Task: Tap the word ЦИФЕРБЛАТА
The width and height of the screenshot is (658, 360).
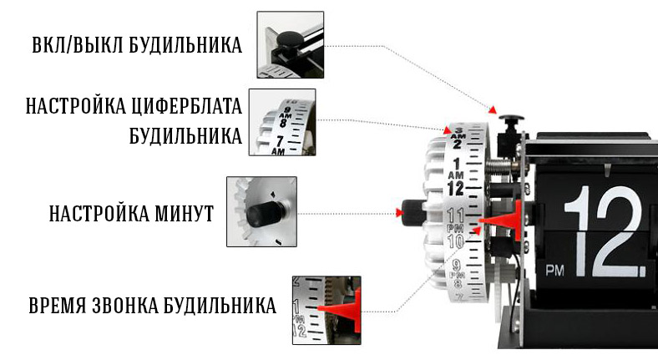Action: [x=187, y=106]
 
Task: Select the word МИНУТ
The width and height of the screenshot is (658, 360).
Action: [x=184, y=213]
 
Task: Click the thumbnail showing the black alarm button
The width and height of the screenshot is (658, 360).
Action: [x=291, y=44]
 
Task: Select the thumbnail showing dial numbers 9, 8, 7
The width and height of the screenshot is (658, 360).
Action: [x=282, y=122]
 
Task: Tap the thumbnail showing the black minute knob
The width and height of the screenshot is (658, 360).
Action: [x=262, y=211]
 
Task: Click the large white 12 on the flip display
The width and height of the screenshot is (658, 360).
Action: [x=605, y=231]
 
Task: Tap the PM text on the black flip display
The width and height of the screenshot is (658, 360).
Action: [x=554, y=271]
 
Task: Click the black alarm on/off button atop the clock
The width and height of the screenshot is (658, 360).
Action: [x=511, y=118]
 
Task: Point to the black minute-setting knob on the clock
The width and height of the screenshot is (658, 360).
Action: [x=413, y=212]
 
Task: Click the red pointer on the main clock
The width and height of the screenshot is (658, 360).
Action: [x=502, y=221]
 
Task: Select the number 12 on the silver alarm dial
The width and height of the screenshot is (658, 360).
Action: [x=455, y=189]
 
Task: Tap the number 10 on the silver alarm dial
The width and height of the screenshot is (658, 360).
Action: [x=455, y=241]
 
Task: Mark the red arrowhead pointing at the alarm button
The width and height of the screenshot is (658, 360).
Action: [x=493, y=110]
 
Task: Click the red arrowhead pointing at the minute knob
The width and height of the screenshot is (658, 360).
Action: [x=399, y=213]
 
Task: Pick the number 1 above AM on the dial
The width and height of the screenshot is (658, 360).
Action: [x=457, y=164]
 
